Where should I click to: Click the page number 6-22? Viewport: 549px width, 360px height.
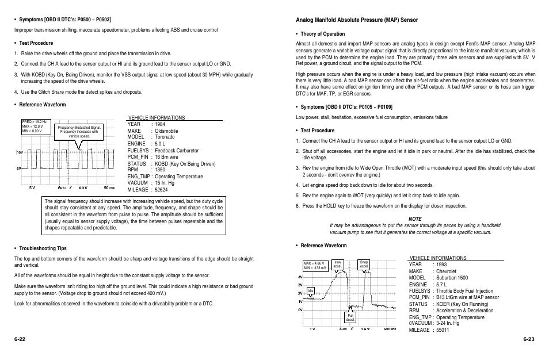point(21,340)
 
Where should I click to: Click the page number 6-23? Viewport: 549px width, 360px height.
point(529,340)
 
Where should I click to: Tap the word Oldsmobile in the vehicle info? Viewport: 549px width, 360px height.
point(166,131)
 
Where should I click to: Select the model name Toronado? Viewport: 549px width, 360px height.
point(165,137)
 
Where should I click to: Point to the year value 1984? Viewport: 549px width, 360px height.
point(160,124)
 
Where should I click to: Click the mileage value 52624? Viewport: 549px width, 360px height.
point(161,189)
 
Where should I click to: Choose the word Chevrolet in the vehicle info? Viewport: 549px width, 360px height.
point(446,271)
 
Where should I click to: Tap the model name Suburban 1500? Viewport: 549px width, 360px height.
point(451,278)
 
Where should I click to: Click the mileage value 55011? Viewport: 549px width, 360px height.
point(443,330)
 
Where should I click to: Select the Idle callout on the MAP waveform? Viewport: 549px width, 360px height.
point(310,291)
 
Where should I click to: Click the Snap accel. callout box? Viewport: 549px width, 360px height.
point(364,265)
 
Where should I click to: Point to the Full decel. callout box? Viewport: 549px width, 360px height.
point(349,317)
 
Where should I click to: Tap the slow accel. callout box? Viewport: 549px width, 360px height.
point(338,265)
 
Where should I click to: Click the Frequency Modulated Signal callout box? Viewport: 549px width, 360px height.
point(79,132)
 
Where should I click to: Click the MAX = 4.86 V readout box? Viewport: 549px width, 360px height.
point(315,266)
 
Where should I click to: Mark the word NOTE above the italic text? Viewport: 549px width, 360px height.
point(415,219)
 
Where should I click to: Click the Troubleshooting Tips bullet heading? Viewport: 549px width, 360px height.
point(43,248)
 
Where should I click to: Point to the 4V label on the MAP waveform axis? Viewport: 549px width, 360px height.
point(300,277)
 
